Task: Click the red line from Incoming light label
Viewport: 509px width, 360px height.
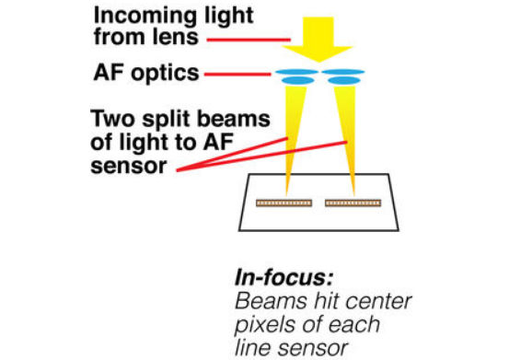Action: [252, 41]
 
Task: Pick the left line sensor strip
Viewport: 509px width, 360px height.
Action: [282, 201]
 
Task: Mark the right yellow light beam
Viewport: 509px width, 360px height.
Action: [348, 138]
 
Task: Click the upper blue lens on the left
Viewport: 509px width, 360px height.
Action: [294, 69]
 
